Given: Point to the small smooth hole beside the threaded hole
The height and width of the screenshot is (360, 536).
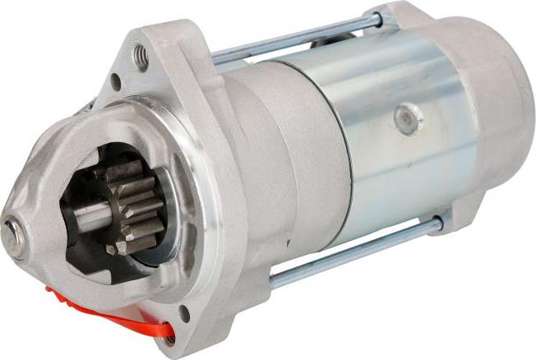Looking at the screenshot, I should click(116, 81).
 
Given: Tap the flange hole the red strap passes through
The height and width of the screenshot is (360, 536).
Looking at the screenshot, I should click(168, 336).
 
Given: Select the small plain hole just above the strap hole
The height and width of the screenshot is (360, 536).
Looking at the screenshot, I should click(183, 312).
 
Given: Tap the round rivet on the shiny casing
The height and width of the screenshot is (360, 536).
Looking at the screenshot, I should click(408, 119).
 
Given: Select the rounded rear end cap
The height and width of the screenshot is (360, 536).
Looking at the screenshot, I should click(485, 115).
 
